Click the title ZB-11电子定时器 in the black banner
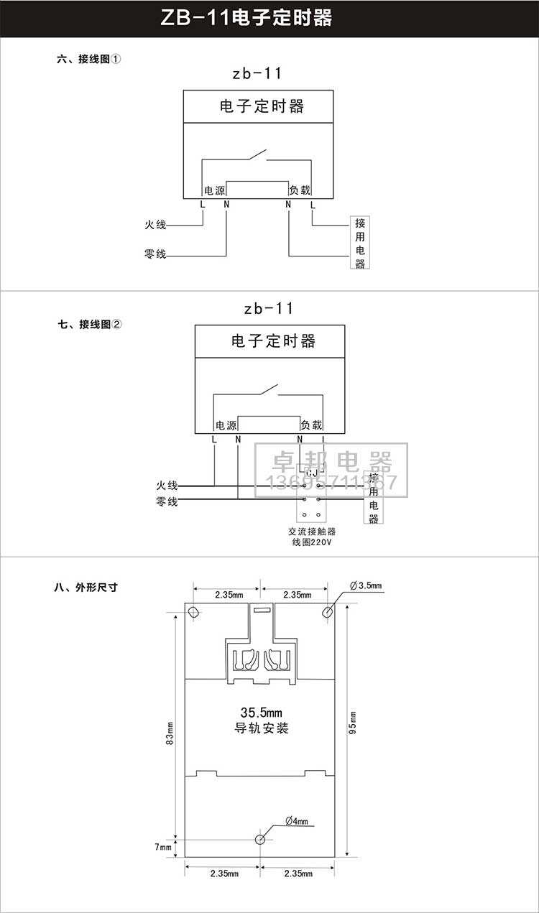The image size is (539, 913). point(247,18)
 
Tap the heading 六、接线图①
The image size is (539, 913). point(88,60)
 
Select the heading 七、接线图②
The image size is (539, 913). point(90,325)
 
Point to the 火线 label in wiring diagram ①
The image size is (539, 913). point(155,225)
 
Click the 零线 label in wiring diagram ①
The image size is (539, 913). point(155,254)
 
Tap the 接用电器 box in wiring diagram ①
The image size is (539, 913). point(360,242)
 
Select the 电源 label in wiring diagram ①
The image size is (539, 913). point(215,190)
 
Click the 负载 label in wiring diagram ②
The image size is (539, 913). point(311,425)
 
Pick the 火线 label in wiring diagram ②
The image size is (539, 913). point(167,486)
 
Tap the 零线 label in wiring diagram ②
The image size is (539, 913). point(167,502)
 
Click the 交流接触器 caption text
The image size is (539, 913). point(311,532)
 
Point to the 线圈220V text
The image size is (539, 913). point(311,543)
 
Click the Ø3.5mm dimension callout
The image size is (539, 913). point(367,586)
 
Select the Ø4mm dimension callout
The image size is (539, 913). point(296,821)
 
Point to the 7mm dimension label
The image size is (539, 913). point(163,848)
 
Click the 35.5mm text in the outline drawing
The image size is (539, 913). point(262,713)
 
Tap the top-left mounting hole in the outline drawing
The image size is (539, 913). point(193,612)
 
